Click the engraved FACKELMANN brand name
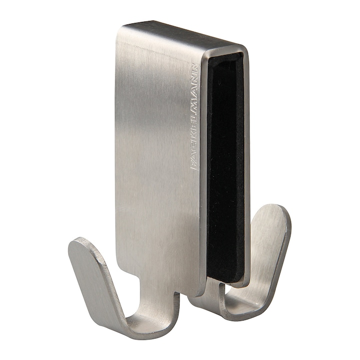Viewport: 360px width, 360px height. (194, 117)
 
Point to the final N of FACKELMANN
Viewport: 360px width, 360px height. (195, 67)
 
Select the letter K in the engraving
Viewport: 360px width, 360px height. (194, 139)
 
